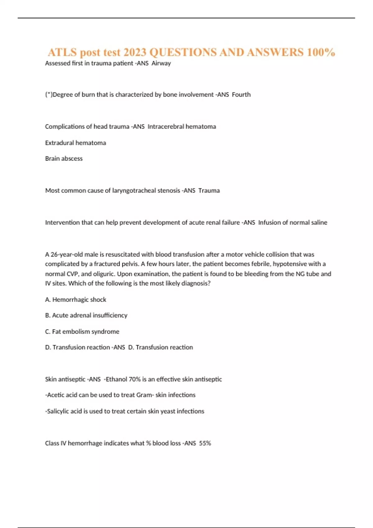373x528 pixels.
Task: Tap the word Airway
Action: click(x=161, y=63)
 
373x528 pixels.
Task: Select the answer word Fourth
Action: click(x=241, y=95)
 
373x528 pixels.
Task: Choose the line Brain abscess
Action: click(x=64, y=159)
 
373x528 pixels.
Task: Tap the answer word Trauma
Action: click(x=209, y=191)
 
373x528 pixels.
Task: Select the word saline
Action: click(x=319, y=223)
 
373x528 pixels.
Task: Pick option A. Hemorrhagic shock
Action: click(x=76, y=300)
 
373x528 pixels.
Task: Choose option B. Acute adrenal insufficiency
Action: click(x=86, y=316)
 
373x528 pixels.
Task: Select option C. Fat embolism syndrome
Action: click(x=82, y=332)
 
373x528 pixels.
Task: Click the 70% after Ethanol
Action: click(x=135, y=379)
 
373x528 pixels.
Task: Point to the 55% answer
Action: click(x=205, y=443)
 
